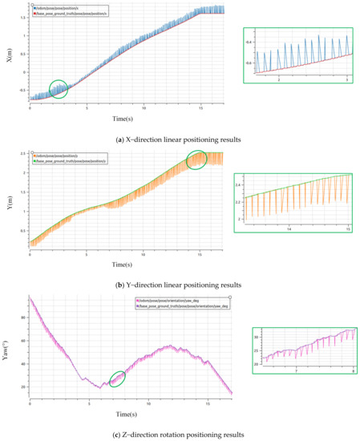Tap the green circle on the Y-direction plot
197,160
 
